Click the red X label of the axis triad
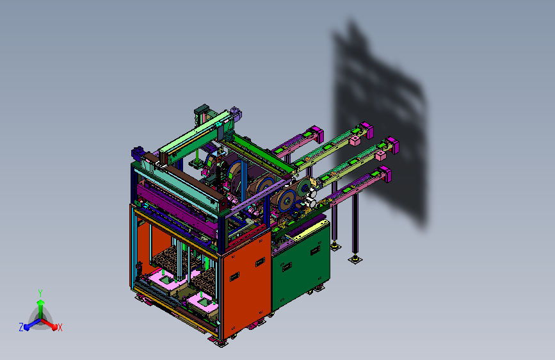[x=60, y=327]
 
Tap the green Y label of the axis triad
[x=40, y=293]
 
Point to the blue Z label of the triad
[x=21, y=327]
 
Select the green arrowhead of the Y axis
[x=40, y=302]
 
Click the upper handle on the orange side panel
[x=260, y=262]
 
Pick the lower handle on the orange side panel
[x=234, y=277]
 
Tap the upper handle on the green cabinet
[x=315, y=251]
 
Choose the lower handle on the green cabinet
[x=287, y=267]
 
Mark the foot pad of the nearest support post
[x=355, y=259]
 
